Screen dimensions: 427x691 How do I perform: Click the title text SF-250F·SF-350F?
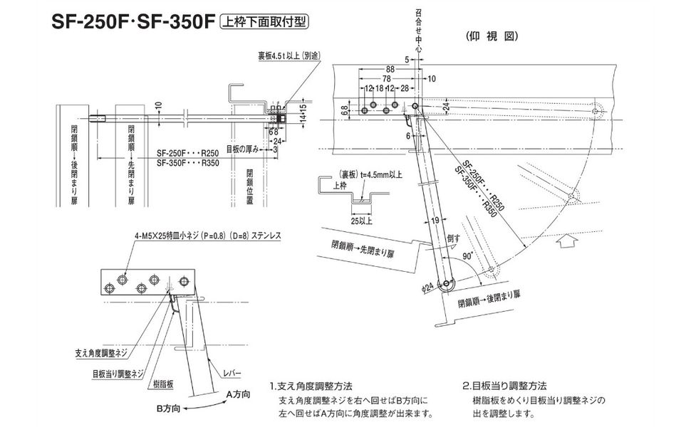tap(133, 22)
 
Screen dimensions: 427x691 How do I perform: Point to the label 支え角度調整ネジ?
tap(103, 353)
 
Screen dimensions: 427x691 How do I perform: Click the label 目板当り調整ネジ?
tap(118, 371)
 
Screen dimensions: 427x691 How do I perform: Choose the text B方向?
tap(168, 408)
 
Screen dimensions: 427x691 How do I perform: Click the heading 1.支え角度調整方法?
tap(311, 386)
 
